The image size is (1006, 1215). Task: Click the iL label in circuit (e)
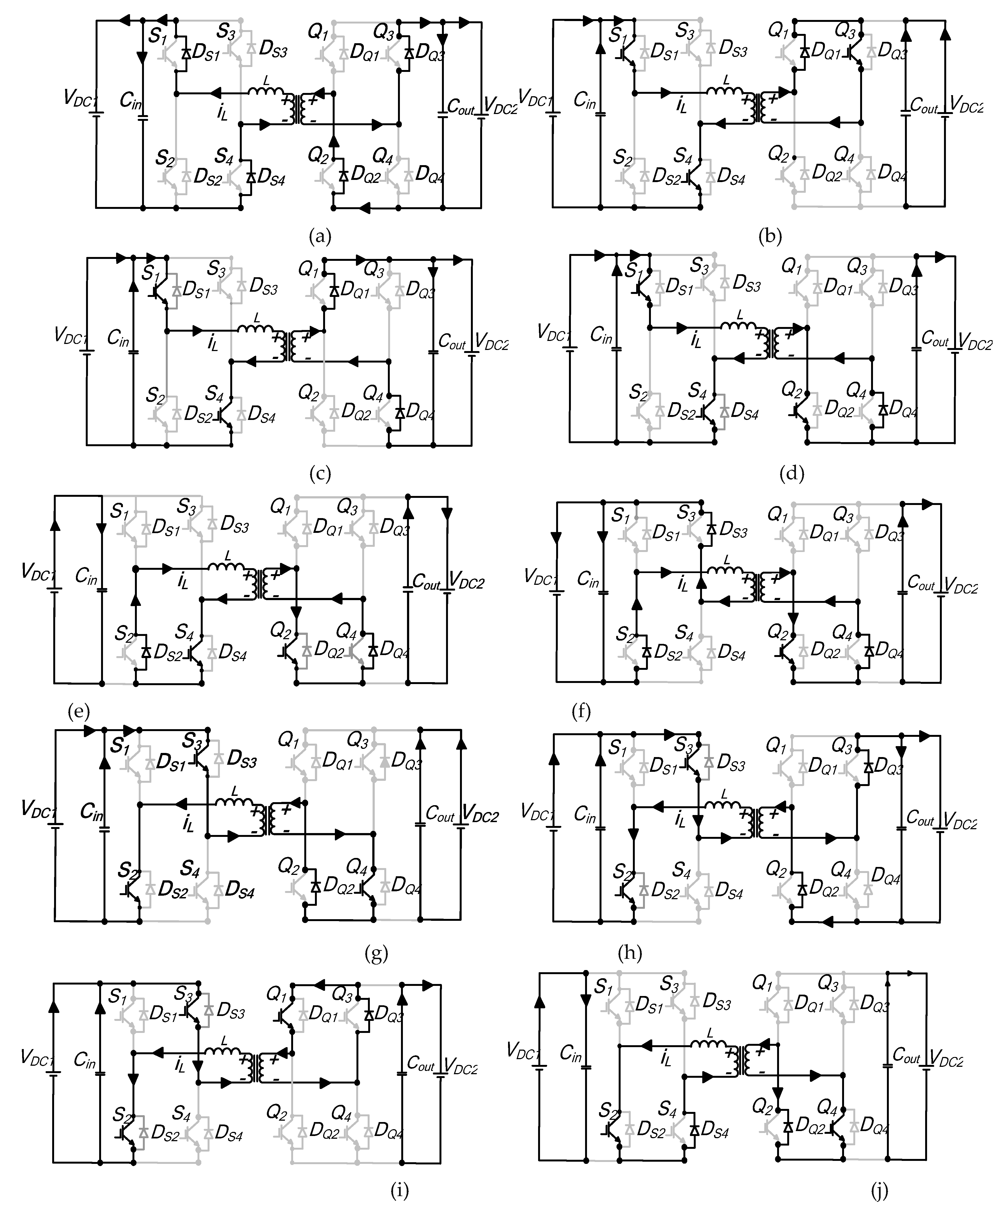pyautogui.click(x=183, y=582)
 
